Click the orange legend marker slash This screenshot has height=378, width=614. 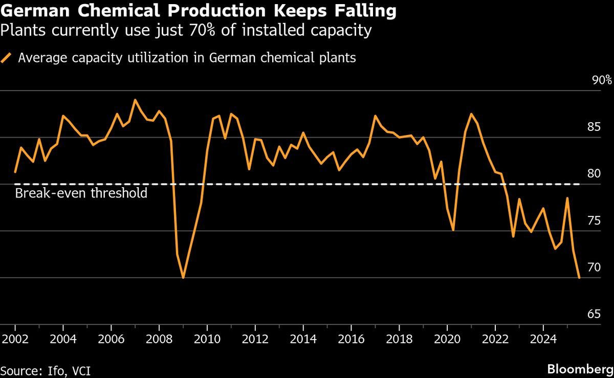[x=6, y=58]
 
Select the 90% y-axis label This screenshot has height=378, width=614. [x=602, y=80]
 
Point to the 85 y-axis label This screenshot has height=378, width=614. [x=594, y=127]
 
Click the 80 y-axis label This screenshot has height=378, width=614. [x=594, y=173]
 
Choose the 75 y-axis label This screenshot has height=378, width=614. [x=594, y=220]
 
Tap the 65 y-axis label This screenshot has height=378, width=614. [x=594, y=314]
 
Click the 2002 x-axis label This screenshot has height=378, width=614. [x=15, y=339]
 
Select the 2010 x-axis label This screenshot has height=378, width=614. [x=207, y=339]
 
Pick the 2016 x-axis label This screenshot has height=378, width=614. [x=351, y=339]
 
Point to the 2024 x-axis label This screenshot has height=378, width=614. [x=543, y=339]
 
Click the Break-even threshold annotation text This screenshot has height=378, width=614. [x=81, y=193]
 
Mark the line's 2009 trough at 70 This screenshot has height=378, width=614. [x=183, y=277]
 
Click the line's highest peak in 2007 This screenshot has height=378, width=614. [x=135, y=100]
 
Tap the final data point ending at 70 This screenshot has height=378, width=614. [x=579, y=277]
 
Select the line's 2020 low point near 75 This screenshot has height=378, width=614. [x=453, y=230]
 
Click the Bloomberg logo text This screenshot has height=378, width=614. [x=580, y=370]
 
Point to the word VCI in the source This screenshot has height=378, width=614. [x=81, y=371]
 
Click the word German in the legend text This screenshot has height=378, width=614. [x=232, y=58]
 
